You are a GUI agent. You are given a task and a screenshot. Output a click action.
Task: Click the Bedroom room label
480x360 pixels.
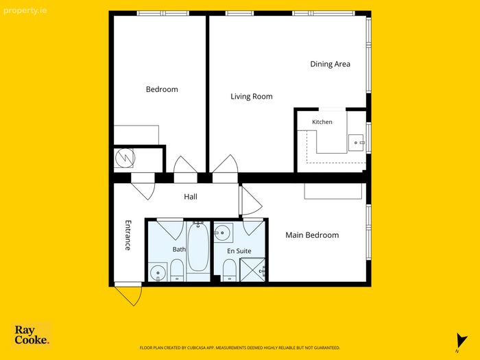pyautogui.click(x=162, y=89)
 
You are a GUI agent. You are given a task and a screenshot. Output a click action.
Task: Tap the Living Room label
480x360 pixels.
pyautogui.click(x=252, y=97)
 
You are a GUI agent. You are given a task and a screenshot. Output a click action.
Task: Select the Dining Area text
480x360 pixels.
pyautogui.click(x=330, y=64)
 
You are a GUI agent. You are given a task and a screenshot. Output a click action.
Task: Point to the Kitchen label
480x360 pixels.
pyautogui.click(x=322, y=122)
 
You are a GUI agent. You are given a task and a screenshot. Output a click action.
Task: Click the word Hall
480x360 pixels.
pyautogui.click(x=191, y=197)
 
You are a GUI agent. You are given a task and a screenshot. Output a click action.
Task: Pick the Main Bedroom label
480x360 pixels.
pyautogui.click(x=312, y=235)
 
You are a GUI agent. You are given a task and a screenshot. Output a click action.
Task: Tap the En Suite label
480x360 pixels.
pyautogui.click(x=239, y=251)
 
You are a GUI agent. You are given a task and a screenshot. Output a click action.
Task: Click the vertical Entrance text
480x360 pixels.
pyautogui.click(x=128, y=235)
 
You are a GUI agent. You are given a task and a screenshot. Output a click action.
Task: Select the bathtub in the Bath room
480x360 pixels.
pyautogui.click(x=198, y=247)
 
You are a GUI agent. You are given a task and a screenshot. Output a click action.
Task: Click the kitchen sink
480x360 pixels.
pyautogui.click(x=356, y=143)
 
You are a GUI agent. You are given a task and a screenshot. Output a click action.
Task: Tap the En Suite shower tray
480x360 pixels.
pyautogui.click(x=252, y=269)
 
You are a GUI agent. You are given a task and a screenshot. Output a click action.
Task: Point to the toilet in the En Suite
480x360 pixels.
pyautogui.click(x=229, y=270)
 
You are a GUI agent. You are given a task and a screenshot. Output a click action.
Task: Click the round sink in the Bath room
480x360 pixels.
pyautogui.click(x=158, y=272)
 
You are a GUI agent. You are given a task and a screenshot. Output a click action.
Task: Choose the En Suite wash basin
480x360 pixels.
pyautogui.click(x=223, y=232)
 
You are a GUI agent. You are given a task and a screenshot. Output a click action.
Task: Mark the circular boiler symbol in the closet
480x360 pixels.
pyautogui.click(x=125, y=158)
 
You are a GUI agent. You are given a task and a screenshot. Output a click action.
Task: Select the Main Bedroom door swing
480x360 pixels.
pyautogui.click(x=251, y=201)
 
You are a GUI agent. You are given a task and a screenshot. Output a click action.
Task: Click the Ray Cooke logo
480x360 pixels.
pyautogui.click(x=32, y=335)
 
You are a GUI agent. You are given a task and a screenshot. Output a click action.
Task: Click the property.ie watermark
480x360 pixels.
pyautogui.click(x=25, y=11)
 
